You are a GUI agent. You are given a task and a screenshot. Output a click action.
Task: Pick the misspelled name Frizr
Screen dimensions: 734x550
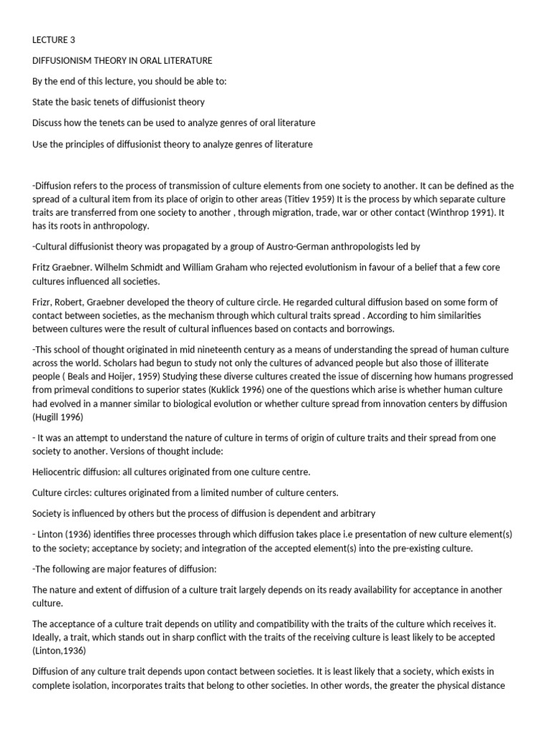tap(44, 302)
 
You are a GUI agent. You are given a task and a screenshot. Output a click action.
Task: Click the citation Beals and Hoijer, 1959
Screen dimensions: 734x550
tap(107, 377)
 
